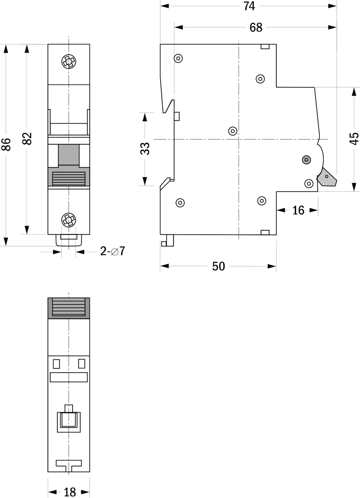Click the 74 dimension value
pyautogui.click(x=249, y=6)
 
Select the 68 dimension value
pyautogui.click(x=256, y=27)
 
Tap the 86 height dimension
pyautogui.click(x=6, y=144)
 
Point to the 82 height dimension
pyautogui.click(x=27, y=139)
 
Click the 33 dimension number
pyautogui.click(x=145, y=149)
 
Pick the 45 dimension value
pyautogui.click(x=355, y=139)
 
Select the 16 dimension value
pyautogui.click(x=298, y=210)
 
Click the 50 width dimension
pyautogui.click(x=218, y=266)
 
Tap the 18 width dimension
pyautogui.click(x=70, y=492)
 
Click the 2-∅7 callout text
pyautogui.click(x=113, y=251)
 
